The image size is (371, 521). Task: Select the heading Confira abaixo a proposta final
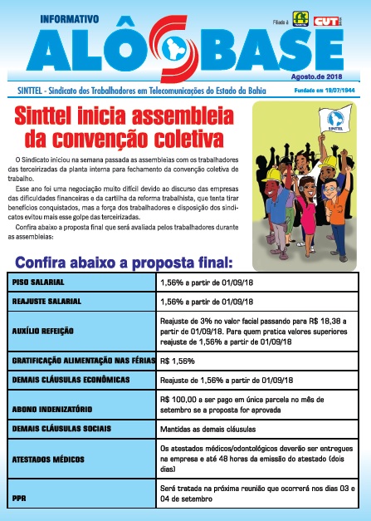(x=123, y=262)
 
